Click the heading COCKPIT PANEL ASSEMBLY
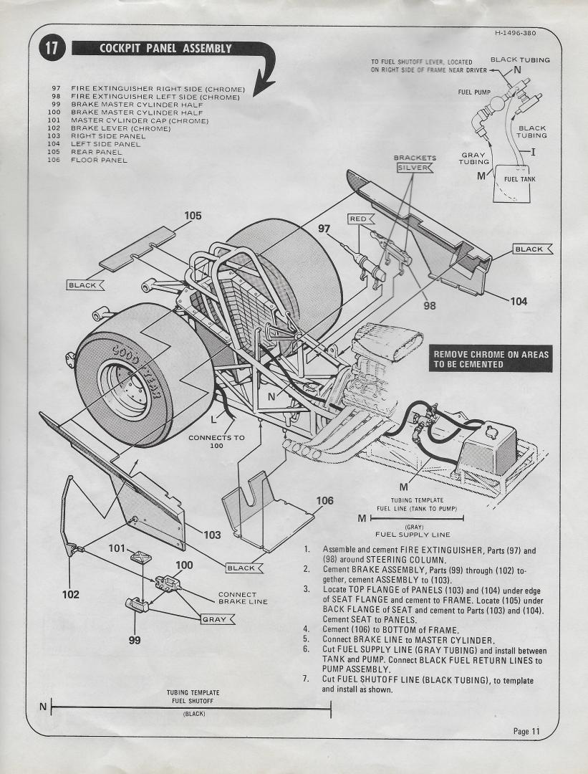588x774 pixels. coord(165,49)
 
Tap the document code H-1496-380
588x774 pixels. coord(514,33)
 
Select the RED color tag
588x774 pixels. coord(357,219)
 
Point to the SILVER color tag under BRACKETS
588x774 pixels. coord(415,168)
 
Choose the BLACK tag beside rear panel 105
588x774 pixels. coord(85,285)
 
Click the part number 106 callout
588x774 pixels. coord(324,500)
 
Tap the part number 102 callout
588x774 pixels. coord(70,594)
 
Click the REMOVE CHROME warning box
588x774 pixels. coord(491,360)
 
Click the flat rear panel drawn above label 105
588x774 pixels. coord(138,249)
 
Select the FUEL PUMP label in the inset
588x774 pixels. coord(473,92)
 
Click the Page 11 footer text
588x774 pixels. coord(526,731)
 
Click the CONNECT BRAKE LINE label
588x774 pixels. coord(243,598)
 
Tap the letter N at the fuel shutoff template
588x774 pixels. coord(43,707)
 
